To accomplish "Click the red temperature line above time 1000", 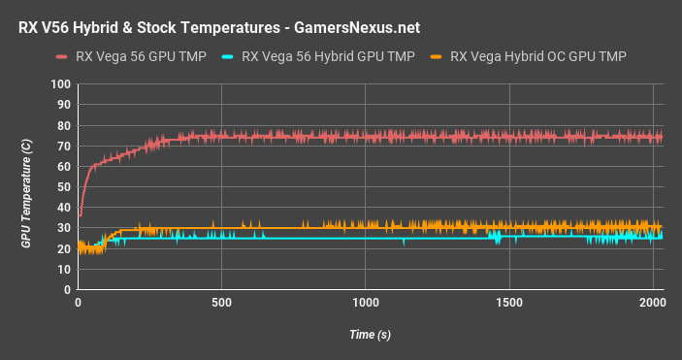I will (366, 137).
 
